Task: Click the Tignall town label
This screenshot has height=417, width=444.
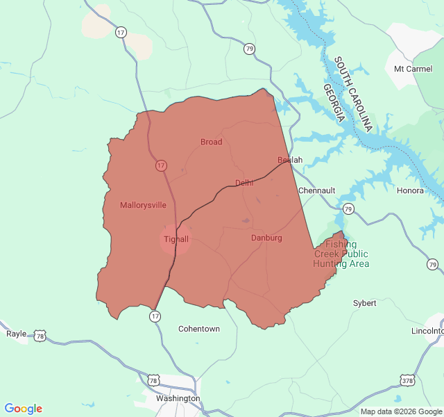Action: pos(176,239)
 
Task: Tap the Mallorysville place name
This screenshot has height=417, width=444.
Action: pos(143,205)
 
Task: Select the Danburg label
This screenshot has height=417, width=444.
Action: pos(266,238)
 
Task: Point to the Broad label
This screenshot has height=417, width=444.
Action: pos(212,142)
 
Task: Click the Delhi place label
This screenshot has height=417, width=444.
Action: pos(244,183)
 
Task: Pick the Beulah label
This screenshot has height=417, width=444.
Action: pos(290,160)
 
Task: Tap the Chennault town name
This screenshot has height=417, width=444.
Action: pos(316,190)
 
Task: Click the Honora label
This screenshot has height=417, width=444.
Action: pos(410,190)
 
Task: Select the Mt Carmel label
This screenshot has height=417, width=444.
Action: pos(412,69)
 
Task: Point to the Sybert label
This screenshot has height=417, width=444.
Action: pos(365,303)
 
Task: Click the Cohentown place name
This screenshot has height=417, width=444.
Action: pos(199,329)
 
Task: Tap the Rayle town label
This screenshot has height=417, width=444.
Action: pos(16,334)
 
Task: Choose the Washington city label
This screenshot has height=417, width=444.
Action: pos(178,398)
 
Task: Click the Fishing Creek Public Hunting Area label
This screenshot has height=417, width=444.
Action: pos(341,254)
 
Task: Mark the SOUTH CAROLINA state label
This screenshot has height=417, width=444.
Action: pos(353,95)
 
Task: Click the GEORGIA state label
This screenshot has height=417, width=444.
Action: pos(334,103)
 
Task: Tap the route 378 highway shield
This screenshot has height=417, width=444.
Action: pos(407,380)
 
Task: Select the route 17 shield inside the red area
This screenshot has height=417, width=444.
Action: pos(161,165)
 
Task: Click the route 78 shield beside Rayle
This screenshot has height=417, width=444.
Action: pos(40,336)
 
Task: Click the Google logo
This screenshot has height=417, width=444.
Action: pos(24,409)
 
